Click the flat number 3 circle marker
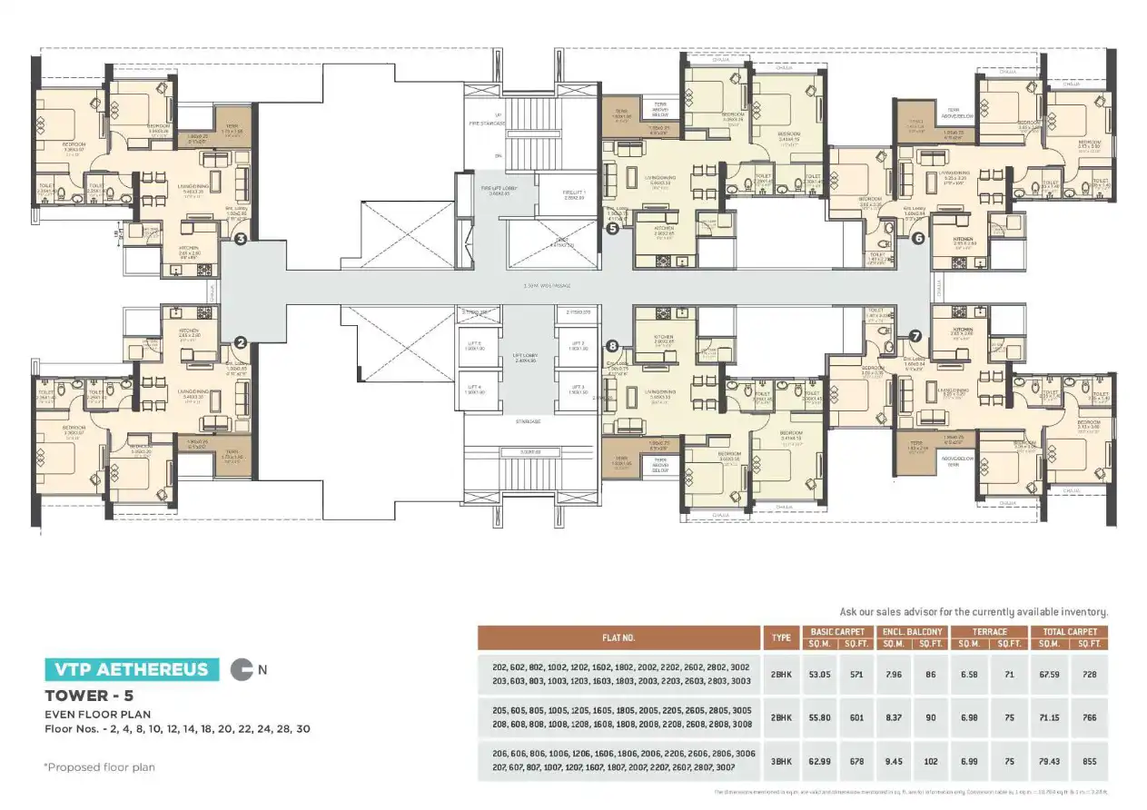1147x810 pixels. [241, 239]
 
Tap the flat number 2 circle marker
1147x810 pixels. [241, 342]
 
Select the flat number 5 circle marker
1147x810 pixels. [612, 230]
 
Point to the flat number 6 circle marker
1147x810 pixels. [918, 238]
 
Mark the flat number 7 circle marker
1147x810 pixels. [915, 335]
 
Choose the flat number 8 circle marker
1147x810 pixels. [612, 346]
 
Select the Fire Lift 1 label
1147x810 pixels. [575, 193]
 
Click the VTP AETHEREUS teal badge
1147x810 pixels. [132, 670]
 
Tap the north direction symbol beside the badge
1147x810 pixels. [241, 670]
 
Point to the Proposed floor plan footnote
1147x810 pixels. [99, 767]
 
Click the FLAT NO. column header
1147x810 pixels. [618, 637]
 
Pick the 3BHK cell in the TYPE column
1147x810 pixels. [780, 761]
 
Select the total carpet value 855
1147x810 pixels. [1089, 761]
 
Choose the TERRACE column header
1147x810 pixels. [989, 631]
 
